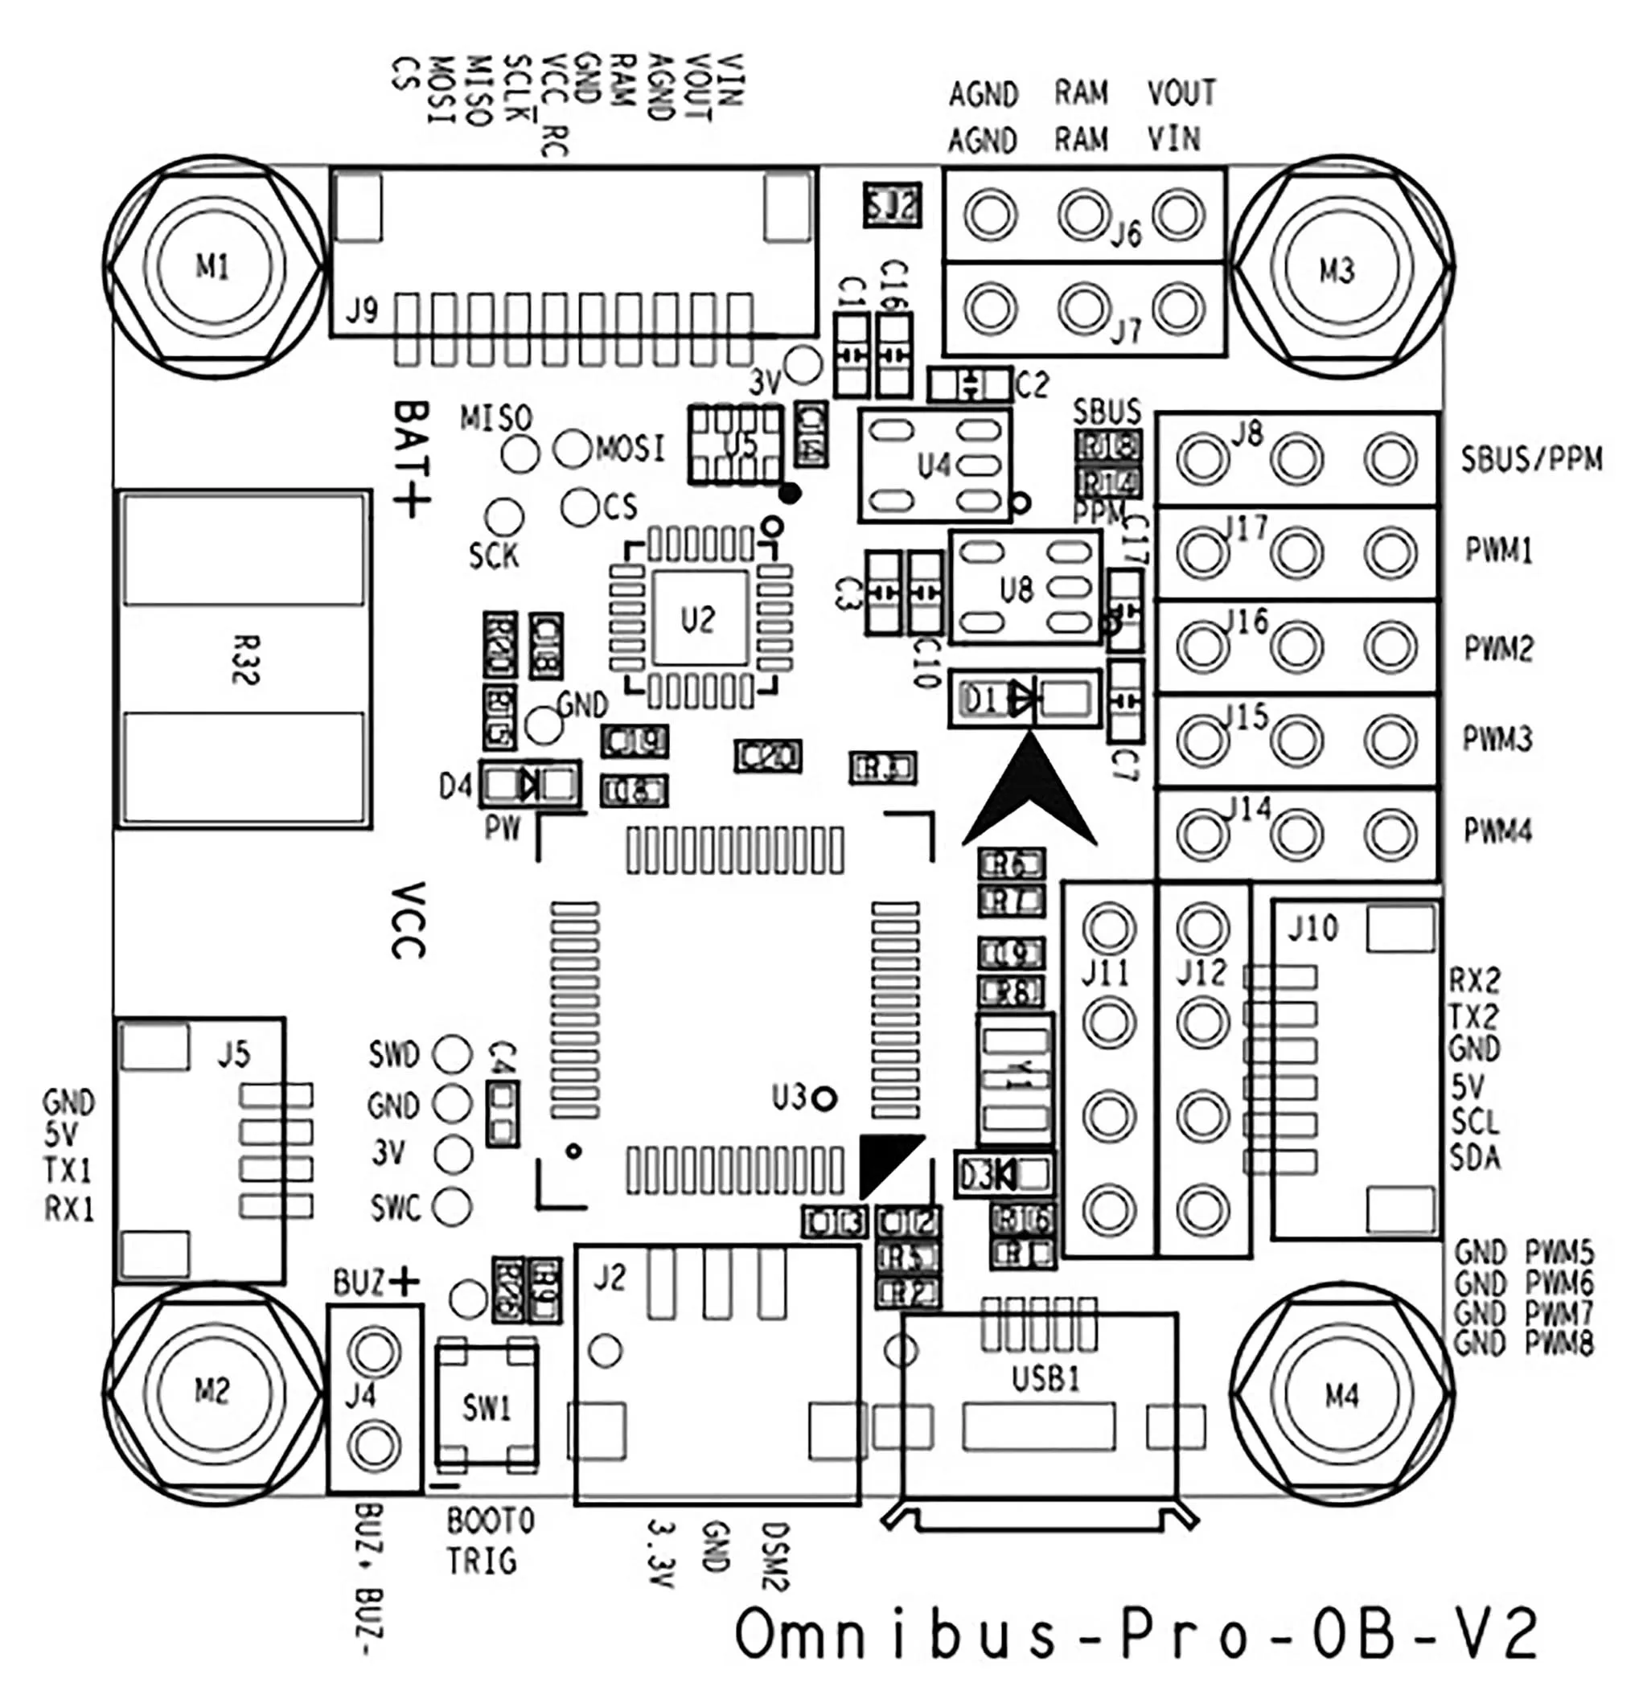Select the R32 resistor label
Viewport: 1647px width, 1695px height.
(x=244, y=660)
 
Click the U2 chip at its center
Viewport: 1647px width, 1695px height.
(x=699, y=618)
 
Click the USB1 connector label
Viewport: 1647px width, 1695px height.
(x=1045, y=1378)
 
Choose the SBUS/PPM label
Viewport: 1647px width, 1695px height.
(x=1531, y=459)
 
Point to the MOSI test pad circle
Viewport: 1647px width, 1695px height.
(x=572, y=448)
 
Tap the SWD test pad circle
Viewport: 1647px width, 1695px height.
(x=453, y=1054)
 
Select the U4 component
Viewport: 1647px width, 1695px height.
(x=934, y=466)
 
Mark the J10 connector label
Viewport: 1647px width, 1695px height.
(x=1312, y=930)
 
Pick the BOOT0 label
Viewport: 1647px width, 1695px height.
(x=491, y=1520)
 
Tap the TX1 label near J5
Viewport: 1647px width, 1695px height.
(x=68, y=1172)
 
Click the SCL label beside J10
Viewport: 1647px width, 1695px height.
(x=1475, y=1122)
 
